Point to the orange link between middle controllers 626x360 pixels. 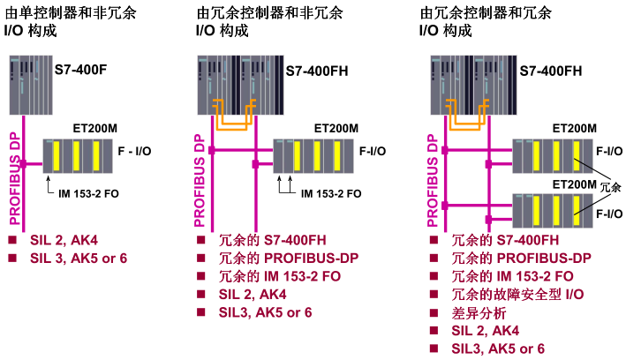231,114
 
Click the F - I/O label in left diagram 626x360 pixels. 134,152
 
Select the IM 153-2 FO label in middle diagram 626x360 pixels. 330,193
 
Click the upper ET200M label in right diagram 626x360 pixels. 575,127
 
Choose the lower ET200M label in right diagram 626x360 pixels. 575,184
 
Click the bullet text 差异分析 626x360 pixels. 480,313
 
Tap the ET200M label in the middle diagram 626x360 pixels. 337,127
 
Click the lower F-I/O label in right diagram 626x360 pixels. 609,214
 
